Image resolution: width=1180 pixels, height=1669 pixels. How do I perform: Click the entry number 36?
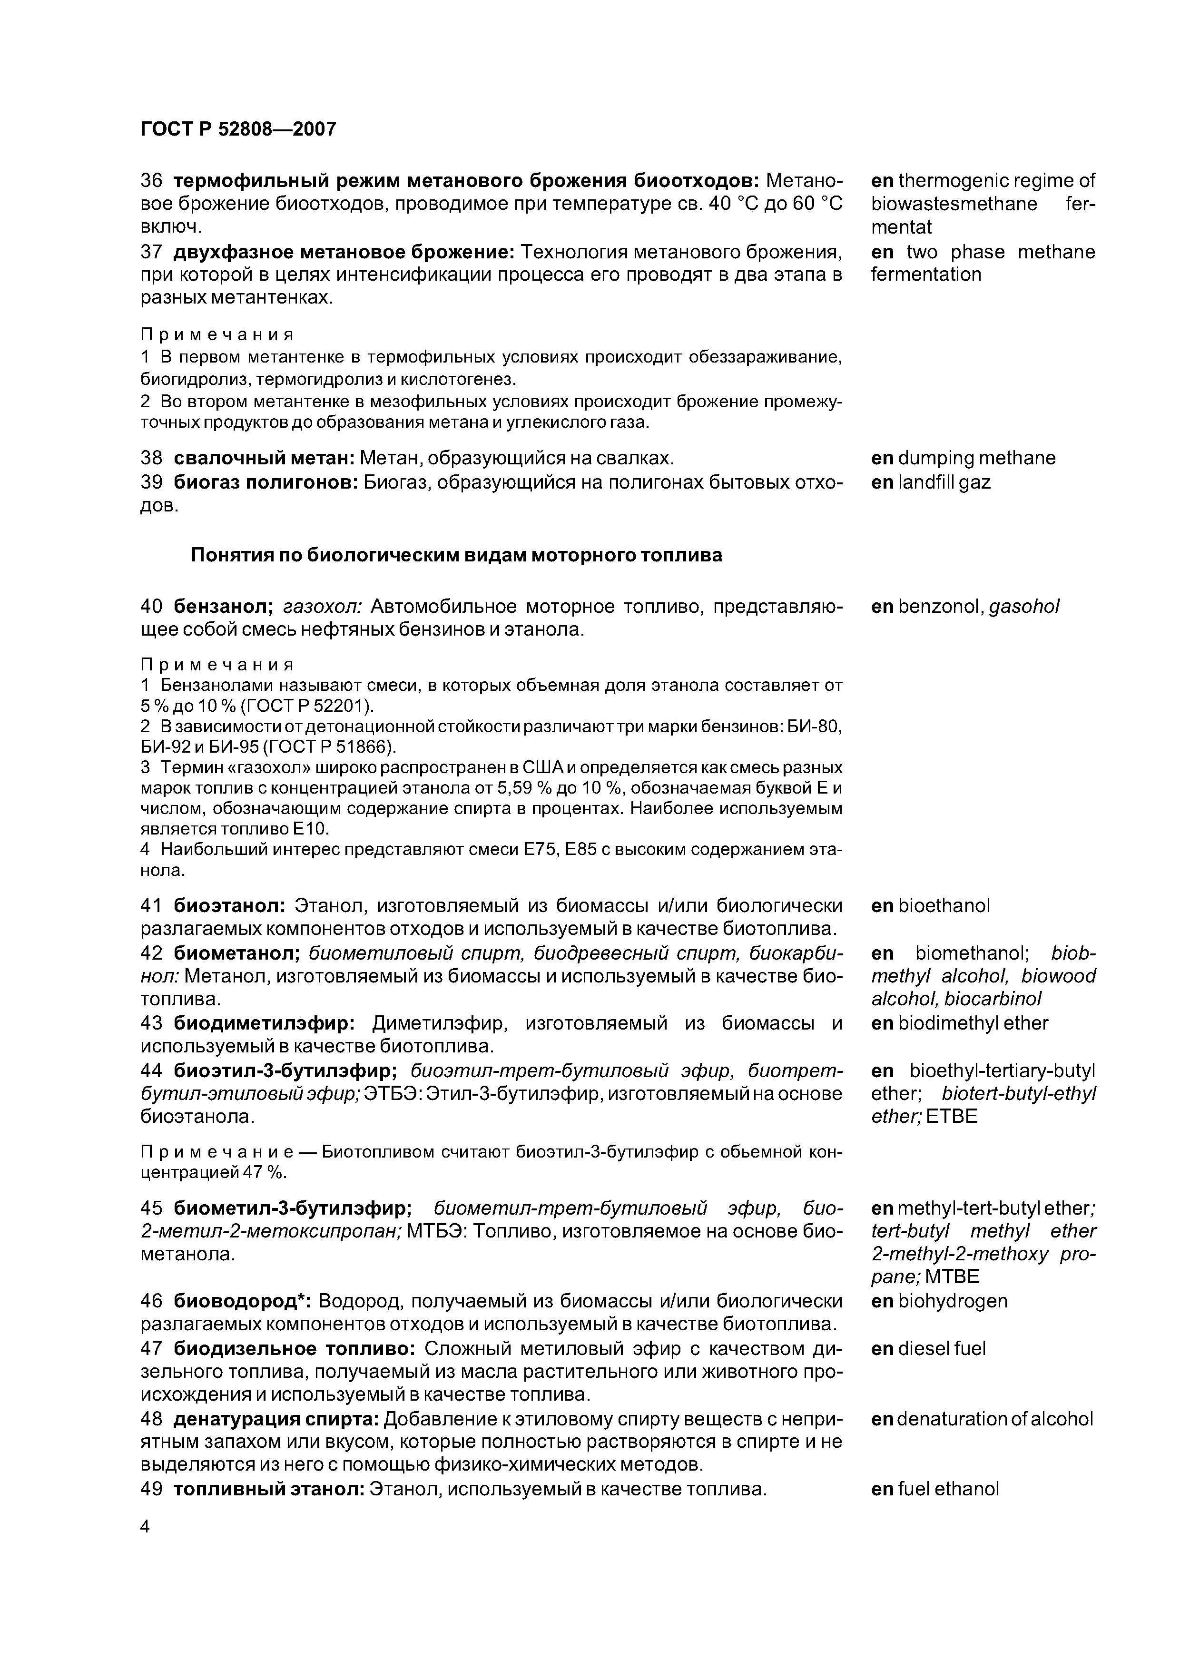click(x=150, y=180)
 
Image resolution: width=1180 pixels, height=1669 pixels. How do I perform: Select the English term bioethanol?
click(x=944, y=906)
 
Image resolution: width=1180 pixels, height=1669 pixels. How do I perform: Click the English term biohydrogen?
click(x=953, y=1300)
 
